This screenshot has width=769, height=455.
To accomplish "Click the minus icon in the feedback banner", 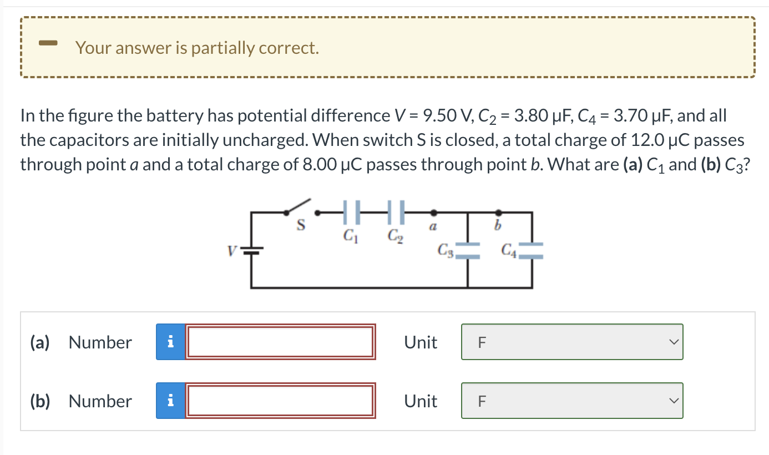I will point(48,43).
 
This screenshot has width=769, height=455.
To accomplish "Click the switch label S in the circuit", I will point(301,226).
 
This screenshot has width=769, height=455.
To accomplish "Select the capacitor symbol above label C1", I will point(352,211).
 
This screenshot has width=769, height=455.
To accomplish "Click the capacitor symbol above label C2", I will point(396,211).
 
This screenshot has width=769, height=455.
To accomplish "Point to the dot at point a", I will point(433,212).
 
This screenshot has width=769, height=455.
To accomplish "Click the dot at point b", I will point(499,212).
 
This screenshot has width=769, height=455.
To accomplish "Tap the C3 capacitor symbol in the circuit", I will point(467,250).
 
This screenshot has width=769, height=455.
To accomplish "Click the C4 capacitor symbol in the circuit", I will point(532,250).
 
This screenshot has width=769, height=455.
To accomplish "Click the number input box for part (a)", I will point(280,342).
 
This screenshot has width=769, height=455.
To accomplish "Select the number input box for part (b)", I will point(280,401).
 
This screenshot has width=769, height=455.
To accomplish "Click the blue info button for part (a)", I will point(170,342).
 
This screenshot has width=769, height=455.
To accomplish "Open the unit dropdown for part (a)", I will point(571,342).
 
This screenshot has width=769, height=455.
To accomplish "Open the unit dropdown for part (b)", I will point(571,401).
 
